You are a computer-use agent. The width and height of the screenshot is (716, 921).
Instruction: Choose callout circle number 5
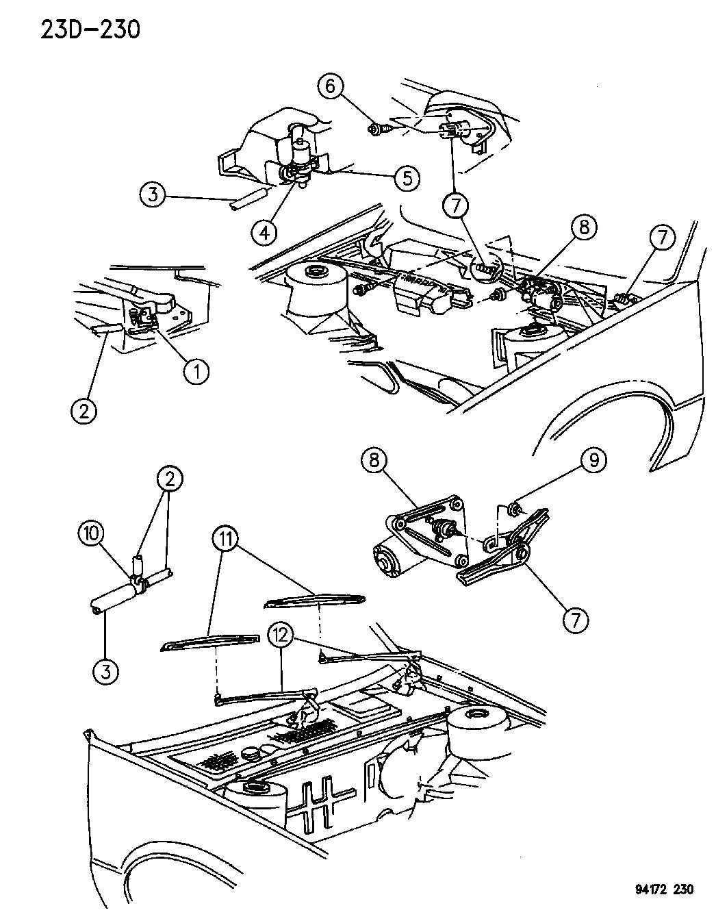coord(406,178)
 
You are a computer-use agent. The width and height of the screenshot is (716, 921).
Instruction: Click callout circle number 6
coord(330,87)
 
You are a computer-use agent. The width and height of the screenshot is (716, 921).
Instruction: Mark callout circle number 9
coord(593,460)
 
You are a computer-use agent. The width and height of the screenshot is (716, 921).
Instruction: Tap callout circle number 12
coord(281,636)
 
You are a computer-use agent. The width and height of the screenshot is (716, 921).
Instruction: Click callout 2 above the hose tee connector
coord(170,479)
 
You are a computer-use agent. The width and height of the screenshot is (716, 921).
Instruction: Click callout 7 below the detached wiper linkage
coord(576,620)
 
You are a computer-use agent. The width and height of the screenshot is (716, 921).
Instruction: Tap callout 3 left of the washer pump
coord(153,194)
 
